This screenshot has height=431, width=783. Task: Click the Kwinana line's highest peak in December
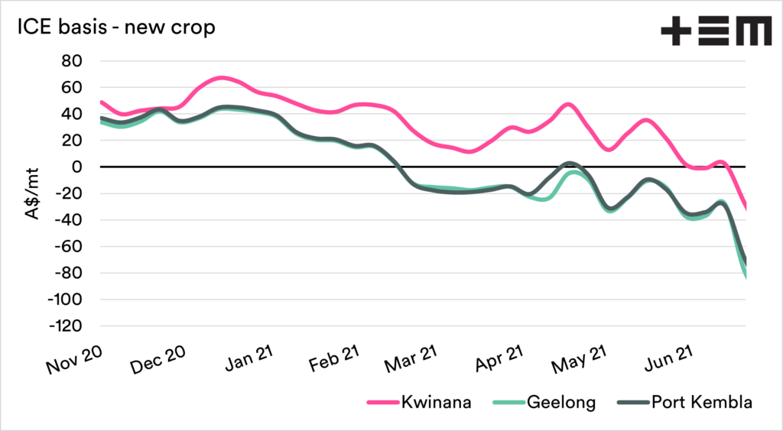coord(220,78)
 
